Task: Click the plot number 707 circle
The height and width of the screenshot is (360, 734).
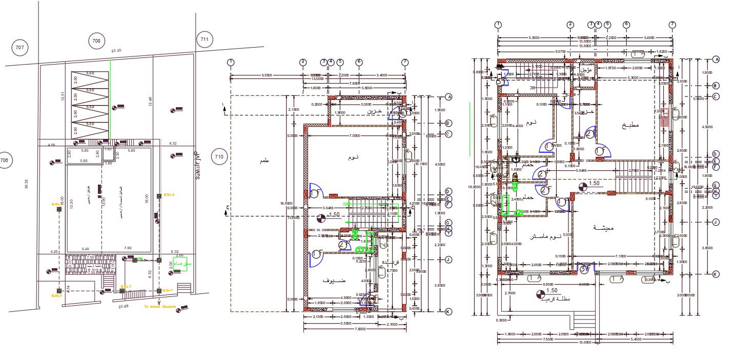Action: tap(20, 48)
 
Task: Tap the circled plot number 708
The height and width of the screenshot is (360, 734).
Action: tap(96, 40)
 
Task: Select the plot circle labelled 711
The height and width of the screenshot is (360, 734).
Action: tap(204, 39)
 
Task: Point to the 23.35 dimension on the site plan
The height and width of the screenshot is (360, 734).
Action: tap(116, 50)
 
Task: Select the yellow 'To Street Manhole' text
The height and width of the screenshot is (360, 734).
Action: tap(160, 307)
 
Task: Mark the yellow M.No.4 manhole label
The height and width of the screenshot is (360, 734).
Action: tap(169, 195)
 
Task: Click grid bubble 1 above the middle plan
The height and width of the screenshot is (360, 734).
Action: tap(231, 62)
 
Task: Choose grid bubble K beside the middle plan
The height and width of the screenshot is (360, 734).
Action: tap(448, 311)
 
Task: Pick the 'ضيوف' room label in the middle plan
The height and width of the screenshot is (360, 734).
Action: tap(334, 281)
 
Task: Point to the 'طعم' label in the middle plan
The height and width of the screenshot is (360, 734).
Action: tap(264, 161)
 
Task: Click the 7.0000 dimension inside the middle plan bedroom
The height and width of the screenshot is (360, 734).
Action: tap(354, 136)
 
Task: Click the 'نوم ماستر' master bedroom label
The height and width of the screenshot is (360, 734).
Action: tap(546, 236)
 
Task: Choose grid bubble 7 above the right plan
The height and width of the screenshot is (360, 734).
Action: tap(672, 24)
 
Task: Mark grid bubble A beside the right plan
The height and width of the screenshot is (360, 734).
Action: tap(716, 59)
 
